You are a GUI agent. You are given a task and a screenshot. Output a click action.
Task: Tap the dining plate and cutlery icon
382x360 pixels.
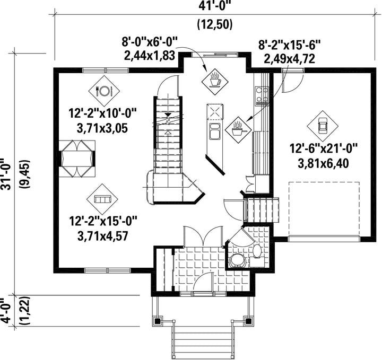[x=104, y=91]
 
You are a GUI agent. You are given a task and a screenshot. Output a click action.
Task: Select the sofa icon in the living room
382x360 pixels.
[x=102, y=199]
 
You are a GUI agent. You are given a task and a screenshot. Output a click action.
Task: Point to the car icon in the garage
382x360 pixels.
[x=323, y=126]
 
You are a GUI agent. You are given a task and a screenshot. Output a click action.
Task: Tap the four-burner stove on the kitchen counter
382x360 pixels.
[x=262, y=96]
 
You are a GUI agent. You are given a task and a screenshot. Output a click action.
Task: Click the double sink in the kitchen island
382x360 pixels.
[x=214, y=131]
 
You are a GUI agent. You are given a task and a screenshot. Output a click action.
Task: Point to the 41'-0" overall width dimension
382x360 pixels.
[x=214, y=5]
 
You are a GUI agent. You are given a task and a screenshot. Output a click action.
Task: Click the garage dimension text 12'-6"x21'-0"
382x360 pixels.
[x=323, y=148]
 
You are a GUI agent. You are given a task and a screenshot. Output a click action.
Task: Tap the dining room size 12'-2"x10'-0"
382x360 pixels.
[x=102, y=113]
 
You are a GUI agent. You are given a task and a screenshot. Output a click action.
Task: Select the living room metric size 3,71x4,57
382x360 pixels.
[x=102, y=236]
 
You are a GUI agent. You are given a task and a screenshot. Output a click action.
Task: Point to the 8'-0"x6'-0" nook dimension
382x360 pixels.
[x=149, y=42]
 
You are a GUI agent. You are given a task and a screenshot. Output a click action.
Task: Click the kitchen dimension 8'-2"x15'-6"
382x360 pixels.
[x=289, y=45]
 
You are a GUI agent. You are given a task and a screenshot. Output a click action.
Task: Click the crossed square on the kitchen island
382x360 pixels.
[x=215, y=112]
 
